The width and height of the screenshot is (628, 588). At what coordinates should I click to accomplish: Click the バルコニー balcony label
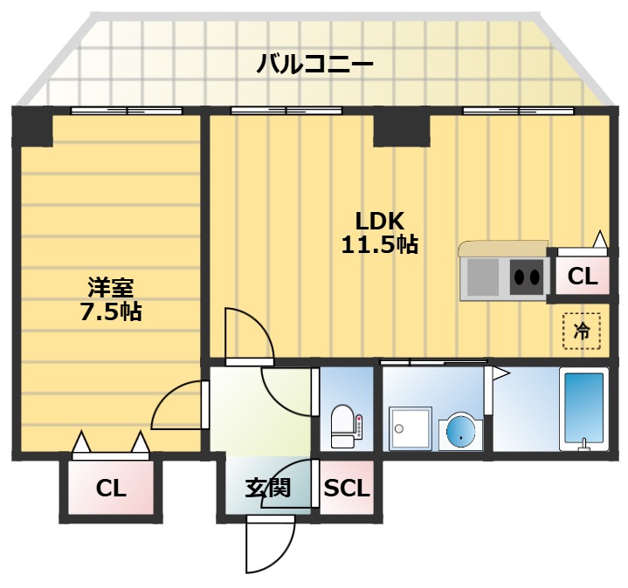pyautogui.click(x=315, y=64)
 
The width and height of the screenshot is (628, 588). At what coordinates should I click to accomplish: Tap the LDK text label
pyautogui.click(x=378, y=221)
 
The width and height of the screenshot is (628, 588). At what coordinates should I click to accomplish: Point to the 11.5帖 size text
pyautogui.click(x=379, y=245)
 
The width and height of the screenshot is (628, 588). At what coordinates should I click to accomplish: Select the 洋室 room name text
pyautogui.click(x=111, y=287)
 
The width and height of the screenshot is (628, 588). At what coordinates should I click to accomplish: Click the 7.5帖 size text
pyautogui.click(x=111, y=311)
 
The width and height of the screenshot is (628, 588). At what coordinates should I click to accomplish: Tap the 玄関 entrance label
pyautogui.click(x=267, y=489)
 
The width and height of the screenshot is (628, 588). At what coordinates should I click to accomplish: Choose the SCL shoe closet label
pyautogui.click(x=347, y=489)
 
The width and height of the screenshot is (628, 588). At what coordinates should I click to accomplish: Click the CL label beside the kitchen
pyautogui.click(x=582, y=277)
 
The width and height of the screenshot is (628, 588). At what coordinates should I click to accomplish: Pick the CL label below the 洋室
pyautogui.click(x=111, y=489)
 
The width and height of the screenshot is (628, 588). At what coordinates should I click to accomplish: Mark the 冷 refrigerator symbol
pyautogui.click(x=582, y=331)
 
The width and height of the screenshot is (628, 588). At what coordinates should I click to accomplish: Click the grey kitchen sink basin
pyautogui.click(x=483, y=277)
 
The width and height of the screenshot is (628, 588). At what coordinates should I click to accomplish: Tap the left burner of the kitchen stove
pyautogui.click(x=519, y=277)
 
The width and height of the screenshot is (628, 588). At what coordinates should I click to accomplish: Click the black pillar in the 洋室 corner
pyautogui.click(x=32, y=127)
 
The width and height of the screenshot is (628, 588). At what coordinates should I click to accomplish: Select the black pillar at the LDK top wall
pyautogui.click(x=402, y=128)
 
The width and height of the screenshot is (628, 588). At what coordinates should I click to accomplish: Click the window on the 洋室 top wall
pyautogui.click(x=127, y=111)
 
